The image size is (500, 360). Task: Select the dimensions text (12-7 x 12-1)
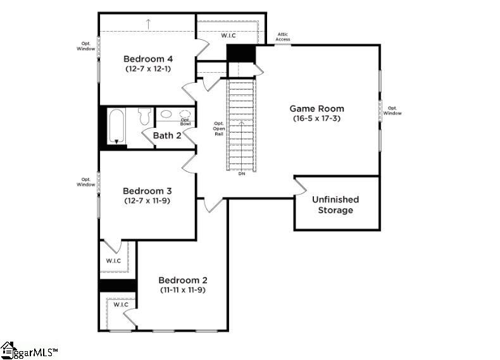[x=147, y=68]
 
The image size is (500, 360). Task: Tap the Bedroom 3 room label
[x=147, y=190]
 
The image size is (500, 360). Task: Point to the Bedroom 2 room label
[x=182, y=280]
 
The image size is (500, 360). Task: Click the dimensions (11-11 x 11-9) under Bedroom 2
[x=182, y=290]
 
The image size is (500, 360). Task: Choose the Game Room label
[x=316, y=108]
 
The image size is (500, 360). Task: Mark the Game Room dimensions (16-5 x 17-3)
[x=316, y=118]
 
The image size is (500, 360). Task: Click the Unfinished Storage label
[x=335, y=204]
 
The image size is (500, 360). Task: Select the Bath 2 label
[x=167, y=135]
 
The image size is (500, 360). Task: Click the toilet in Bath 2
[x=144, y=116]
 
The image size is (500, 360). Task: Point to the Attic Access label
[x=283, y=37]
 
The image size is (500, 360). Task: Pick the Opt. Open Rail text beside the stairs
[x=219, y=128]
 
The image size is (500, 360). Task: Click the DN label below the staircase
[x=242, y=174]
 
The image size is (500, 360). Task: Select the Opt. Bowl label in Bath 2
[x=185, y=121]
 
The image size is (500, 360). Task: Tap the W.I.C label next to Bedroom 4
[x=228, y=35]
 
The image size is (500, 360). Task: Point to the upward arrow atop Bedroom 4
[x=148, y=24]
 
